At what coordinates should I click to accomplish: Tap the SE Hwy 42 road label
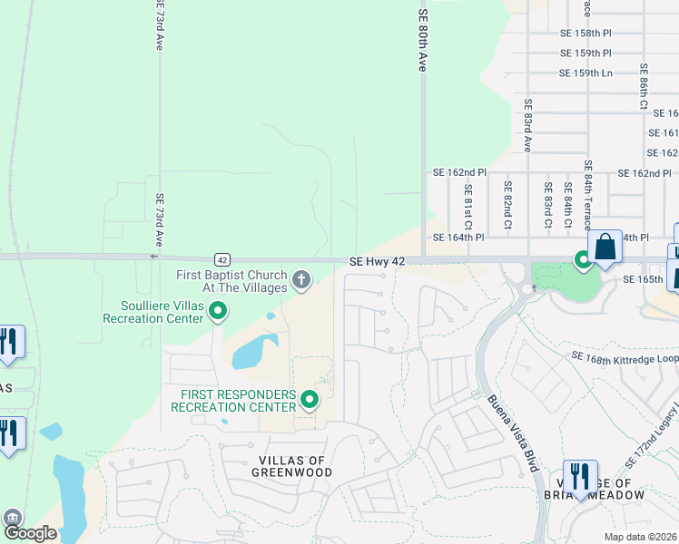378,261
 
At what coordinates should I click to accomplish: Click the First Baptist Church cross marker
301,277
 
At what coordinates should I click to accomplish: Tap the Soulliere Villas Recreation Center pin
218,312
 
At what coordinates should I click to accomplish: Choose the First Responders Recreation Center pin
310,399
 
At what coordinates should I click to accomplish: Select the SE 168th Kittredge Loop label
624,358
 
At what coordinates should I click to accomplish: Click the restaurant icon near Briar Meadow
580,476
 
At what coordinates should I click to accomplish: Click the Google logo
30,533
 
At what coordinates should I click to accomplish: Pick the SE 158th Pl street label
586,33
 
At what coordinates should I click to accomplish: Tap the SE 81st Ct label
467,207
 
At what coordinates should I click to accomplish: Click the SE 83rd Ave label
526,125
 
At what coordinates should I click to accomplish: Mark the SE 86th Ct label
643,86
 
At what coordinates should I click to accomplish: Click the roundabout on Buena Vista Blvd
525,288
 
